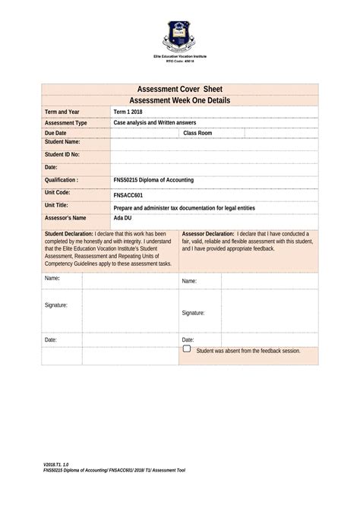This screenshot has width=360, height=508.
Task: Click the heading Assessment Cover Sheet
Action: (x=179, y=90)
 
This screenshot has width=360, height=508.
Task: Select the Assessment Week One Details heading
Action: (x=179, y=100)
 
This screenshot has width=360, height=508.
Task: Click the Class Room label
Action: (x=198, y=133)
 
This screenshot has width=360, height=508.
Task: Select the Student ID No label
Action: (x=62, y=154)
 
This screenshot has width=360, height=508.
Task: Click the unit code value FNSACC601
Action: (x=128, y=194)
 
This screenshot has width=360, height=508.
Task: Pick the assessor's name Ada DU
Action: (x=122, y=218)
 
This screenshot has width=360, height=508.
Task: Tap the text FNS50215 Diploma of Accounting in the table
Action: (x=153, y=180)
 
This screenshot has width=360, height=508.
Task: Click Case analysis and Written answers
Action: (x=155, y=122)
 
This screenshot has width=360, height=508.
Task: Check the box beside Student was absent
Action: (x=186, y=349)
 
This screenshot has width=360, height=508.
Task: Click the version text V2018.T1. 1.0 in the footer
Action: (x=57, y=462)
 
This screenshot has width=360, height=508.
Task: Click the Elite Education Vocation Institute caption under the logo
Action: (x=179, y=58)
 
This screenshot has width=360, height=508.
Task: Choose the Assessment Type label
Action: (x=66, y=122)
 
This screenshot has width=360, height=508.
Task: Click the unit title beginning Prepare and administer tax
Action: (x=184, y=207)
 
